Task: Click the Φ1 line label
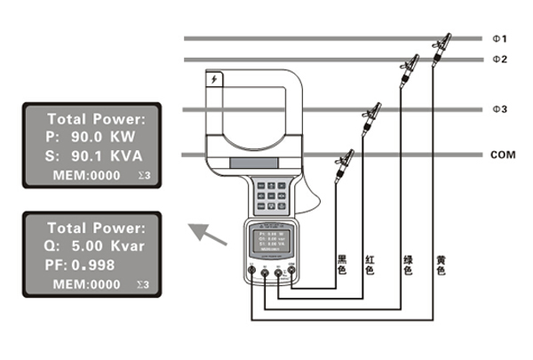499,39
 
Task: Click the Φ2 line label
499,60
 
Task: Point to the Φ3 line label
499,109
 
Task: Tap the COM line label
503,155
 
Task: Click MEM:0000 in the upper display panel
86,176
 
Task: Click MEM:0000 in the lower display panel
86,284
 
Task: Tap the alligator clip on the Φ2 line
410,65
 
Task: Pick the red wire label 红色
370,267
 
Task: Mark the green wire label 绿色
408,267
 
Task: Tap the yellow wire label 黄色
441,267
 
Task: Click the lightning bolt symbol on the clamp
213,82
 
